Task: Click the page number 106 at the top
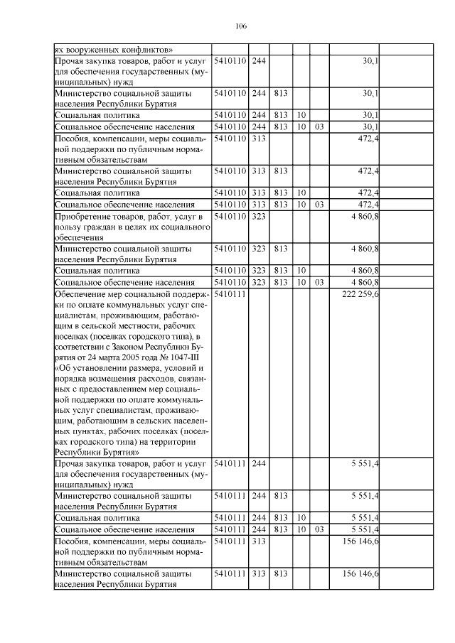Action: tap(240, 26)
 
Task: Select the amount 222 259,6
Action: tap(360, 293)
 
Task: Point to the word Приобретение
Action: tap(82, 215)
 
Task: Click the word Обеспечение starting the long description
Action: tap(82, 293)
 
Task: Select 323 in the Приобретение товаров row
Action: tap(259, 215)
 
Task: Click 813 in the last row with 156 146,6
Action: tap(280, 573)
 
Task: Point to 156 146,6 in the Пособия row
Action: tap(360, 541)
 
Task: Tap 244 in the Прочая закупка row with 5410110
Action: tap(259, 62)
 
